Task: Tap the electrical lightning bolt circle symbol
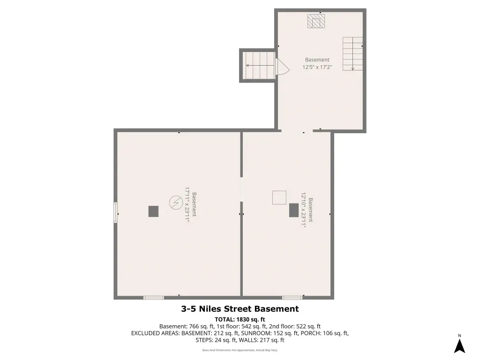[176, 202]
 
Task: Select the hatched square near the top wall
[316, 21]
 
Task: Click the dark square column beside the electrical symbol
[153, 211]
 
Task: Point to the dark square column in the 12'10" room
[294, 210]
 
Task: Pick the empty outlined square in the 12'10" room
[279, 197]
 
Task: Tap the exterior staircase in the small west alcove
[259, 66]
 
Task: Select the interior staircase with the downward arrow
[352, 54]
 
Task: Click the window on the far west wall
[116, 212]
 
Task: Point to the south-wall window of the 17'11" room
[154, 298]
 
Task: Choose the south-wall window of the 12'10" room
[292, 298]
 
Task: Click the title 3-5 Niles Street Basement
[240, 309]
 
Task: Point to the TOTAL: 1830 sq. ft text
[240, 319]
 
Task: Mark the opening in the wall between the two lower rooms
[241, 189]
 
